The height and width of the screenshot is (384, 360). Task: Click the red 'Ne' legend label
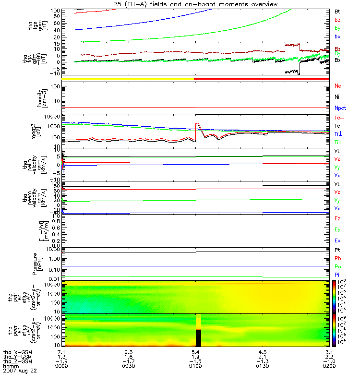point(338,86)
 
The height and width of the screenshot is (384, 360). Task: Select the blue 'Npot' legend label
point(340,108)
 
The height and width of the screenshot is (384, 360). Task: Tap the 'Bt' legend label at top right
point(337,11)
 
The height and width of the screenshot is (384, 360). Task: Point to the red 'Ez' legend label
point(338,218)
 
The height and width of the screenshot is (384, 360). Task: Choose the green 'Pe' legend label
point(338,266)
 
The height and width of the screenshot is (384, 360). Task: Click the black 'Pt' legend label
point(338,251)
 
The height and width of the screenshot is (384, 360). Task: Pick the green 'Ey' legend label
point(338,229)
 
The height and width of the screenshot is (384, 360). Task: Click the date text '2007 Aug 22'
point(20,371)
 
